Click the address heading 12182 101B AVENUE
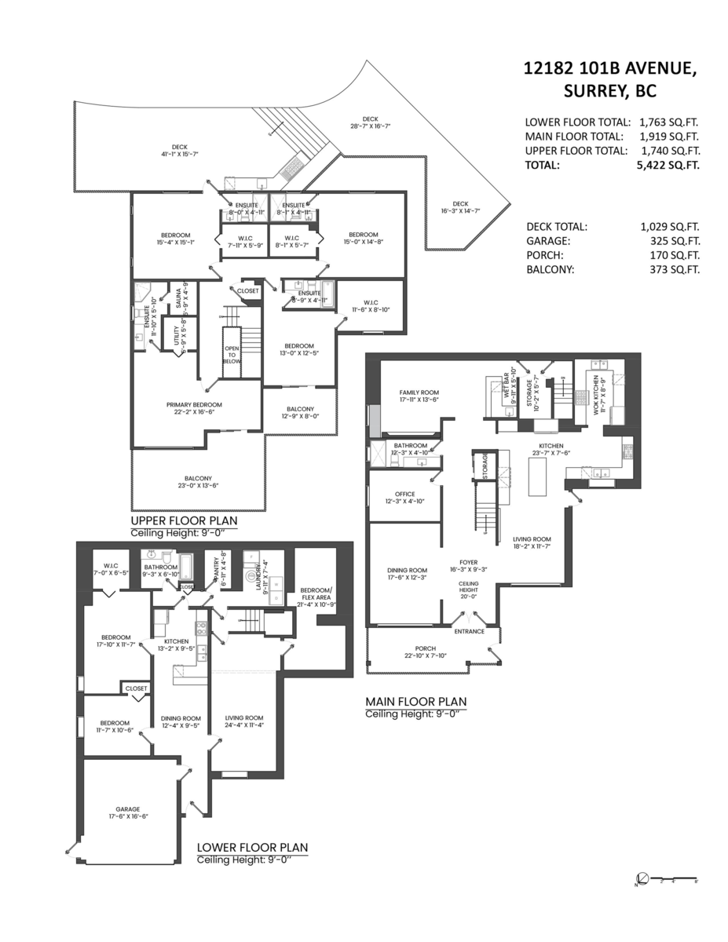coord(609,69)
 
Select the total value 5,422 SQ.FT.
coord(669,165)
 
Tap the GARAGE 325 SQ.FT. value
coord(670,241)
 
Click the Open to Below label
coord(232,355)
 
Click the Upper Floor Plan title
coord(184,520)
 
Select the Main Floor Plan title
coord(415,701)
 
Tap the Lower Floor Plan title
coord(251,847)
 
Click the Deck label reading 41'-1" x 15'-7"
coord(180,150)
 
